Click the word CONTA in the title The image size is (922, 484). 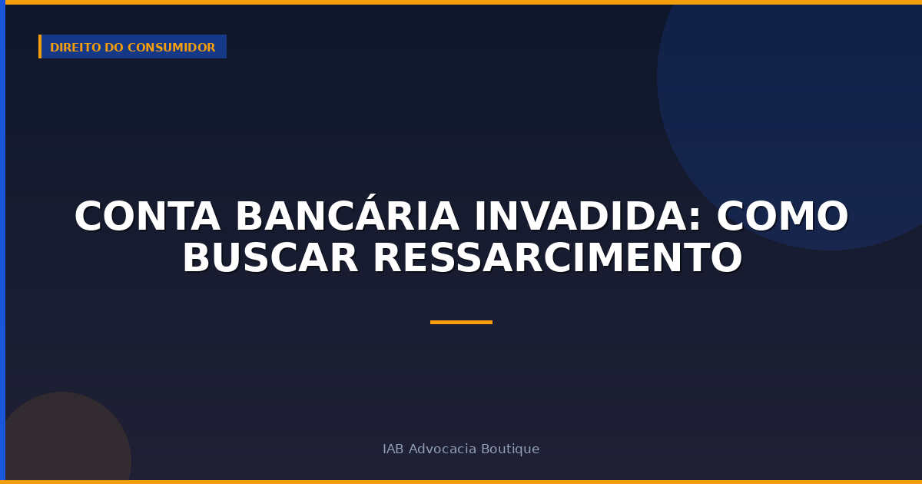tap(147, 217)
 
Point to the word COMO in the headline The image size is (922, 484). tap(782, 217)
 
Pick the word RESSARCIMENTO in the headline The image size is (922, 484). tap(557, 259)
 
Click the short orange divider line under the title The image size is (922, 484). tap(461, 322)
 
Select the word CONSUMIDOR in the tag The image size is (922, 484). tap(171, 48)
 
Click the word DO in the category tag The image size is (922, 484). tap(114, 48)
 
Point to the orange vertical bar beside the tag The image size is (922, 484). tap(40, 47)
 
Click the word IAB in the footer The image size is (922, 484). tap(393, 449)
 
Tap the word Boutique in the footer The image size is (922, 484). tap(509, 449)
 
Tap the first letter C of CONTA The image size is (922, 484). tap(89, 217)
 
